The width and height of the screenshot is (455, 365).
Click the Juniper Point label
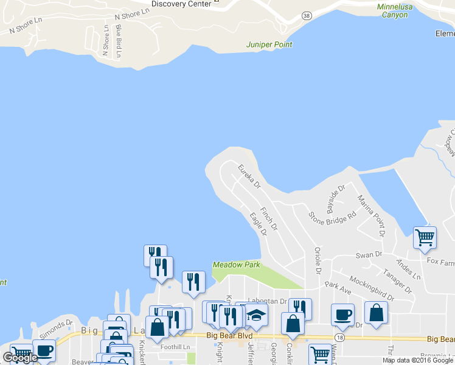tap(269, 44)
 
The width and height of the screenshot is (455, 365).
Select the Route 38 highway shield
tap(306, 15)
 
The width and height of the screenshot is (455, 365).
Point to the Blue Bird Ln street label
tap(119, 41)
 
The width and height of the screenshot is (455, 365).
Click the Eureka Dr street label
tap(249, 176)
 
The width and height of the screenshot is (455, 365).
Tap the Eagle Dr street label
tap(259, 223)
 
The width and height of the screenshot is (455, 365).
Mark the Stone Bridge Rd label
tap(332, 216)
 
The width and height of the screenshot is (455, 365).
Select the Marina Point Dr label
tap(371, 215)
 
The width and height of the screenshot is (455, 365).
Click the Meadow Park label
tap(236, 265)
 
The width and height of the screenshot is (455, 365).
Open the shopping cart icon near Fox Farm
tap(425, 237)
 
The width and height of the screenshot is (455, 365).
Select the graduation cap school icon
tap(257, 315)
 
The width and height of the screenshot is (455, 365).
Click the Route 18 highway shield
tap(339, 336)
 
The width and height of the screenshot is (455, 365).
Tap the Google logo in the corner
tap(20, 358)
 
